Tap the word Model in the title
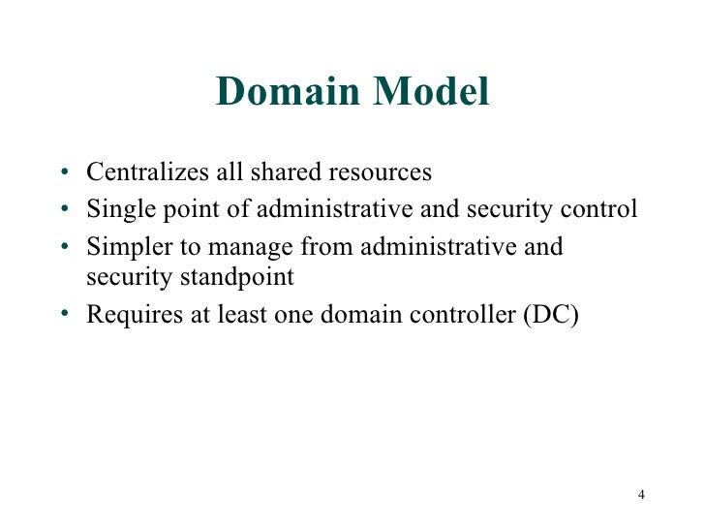[431, 93]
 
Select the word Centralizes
[145, 173]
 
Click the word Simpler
[121, 247]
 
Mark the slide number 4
[641, 496]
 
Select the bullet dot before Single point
[63, 211]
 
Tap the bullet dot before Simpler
[63, 248]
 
